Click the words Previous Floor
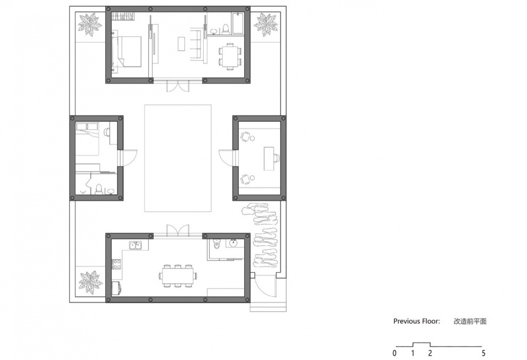pyautogui.click(x=416, y=321)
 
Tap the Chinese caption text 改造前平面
pyautogui.click(x=470, y=322)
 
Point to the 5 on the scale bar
pyautogui.click(x=483, y=353)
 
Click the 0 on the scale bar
pyautogui.click(x=394, y=353)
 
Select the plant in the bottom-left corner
pyautogui.click(x=90, y=282)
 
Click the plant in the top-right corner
pyautogui.click(x=266, y=24)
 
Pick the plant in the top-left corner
pyautogui.click(x=90, y=24)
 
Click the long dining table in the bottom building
pyautogui.click(x=178, y=276)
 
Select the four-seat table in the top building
pyautogui.click(x=230, y=56)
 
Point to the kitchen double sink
pyautogui.click(x=136, y=245)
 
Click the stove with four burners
pyautogui.click(x=116, y=264)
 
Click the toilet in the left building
pyautogui.click(x=98, y=189)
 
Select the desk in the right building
pyautogui.click(x=269, y=158)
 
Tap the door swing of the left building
pyautogui.click(x=129, y=157)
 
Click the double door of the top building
pyautogui.click(x=178, y=86)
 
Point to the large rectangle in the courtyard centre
pyautogui.click(x=178, y=158)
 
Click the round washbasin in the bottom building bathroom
pyautogui.click(x=233, y=243)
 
